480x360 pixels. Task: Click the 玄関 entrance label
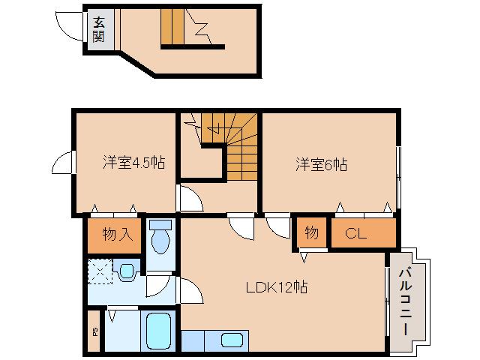coord(99,30)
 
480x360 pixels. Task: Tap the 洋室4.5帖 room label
coord(134,163)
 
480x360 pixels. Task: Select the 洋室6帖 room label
coord(319,163)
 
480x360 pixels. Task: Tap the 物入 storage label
coord(118,234)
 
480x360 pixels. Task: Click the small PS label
coord(94,331)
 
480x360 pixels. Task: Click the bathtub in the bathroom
coord(158,331)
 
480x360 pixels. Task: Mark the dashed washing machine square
coord(100,270)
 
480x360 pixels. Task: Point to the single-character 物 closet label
coord(311,233)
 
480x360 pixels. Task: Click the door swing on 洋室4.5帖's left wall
coord(64,163)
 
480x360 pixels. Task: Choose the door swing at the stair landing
coord(188,199)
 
